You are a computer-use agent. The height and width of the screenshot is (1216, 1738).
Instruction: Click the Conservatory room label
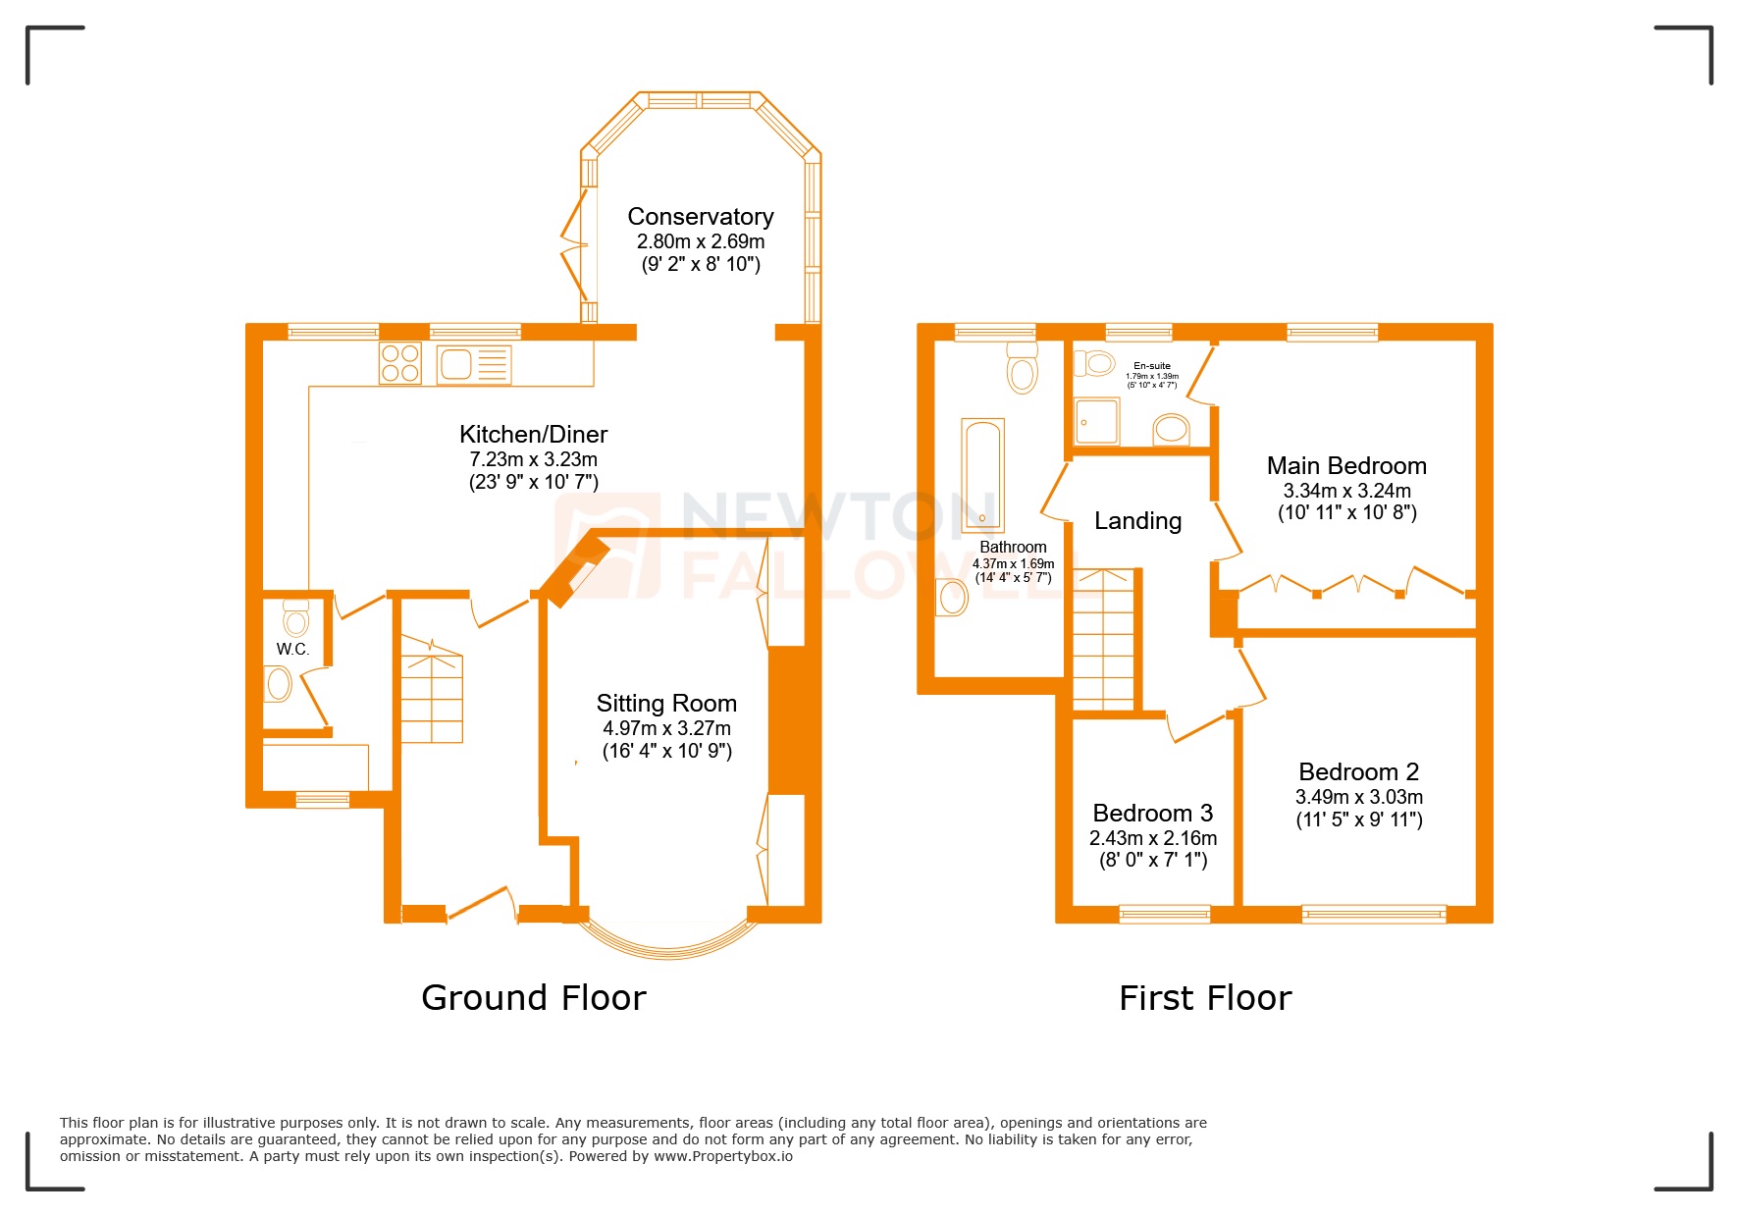[x=700, y=216]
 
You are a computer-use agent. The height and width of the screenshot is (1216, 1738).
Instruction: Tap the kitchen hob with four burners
[x=399, y=363]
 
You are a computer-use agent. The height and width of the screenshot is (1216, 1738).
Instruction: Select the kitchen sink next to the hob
[x=474, y=364]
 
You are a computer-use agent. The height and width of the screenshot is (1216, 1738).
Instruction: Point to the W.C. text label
[x=292, y=649]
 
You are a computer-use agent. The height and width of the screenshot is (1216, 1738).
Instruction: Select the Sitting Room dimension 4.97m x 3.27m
[x=666, y=728]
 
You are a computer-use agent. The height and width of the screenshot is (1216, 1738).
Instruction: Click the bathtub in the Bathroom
[x=981, y=475]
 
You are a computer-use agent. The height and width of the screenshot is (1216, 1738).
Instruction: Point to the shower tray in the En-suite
[x=1096, y=421]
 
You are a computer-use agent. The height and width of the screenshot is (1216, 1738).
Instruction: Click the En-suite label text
[x=1151, y=365]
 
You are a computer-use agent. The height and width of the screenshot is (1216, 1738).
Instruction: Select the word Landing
[x=1137, y=521]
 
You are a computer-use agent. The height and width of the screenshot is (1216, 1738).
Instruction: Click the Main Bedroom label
[x=1346, y=466]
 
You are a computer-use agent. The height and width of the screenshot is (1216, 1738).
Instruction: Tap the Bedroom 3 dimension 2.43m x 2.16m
[x=1152, y=838]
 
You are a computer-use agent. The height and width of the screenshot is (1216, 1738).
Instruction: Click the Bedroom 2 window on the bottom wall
[x=1373, y=914]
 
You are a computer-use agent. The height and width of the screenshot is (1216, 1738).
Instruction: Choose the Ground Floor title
[x=533, y=997]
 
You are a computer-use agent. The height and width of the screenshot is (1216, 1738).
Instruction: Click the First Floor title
[x=1204, y=998]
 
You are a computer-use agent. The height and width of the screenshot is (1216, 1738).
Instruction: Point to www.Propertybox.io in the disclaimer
[x=723, y=1156]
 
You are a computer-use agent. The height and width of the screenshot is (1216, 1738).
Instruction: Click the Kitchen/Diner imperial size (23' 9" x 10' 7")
[x=533, y=482]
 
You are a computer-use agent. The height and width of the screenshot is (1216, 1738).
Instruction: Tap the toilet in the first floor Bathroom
[x=1022, y=370]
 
